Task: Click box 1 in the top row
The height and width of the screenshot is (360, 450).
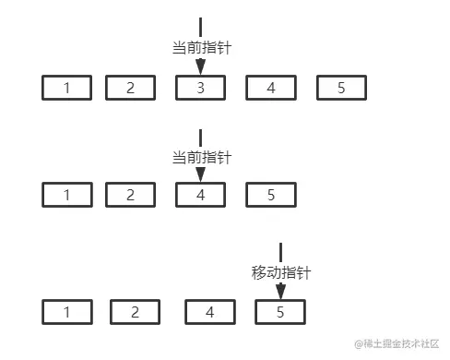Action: click(x=67, y=88)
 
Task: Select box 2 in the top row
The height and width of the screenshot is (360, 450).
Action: click(x=130, y=88)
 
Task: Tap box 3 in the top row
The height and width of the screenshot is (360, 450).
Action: click(x=201, y=88)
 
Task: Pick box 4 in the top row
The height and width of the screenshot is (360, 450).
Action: click(x=270, y=88)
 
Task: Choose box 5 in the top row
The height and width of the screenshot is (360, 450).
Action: click(x=341, y=88)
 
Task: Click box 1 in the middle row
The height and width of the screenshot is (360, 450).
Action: click(x=67, y=195)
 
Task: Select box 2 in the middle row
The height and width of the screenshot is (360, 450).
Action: click(x=130, y=195)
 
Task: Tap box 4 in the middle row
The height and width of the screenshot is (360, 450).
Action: click(x=201, y=195)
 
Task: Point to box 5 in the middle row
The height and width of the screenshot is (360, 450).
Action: click(x=270, y=195)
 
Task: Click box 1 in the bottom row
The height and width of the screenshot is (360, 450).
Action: click(x=67, y=311)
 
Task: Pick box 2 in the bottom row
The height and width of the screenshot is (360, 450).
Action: click(x=135, y=311)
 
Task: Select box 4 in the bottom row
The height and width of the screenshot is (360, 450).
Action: click(x=209, y=311)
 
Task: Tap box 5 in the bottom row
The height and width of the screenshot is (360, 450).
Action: click(x=280, y=311)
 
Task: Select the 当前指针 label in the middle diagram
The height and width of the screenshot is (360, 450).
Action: click(x=201, y=158)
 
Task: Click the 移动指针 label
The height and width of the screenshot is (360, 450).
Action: click(x=280, y=273)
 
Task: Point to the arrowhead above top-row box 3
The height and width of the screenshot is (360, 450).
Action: click(x=201, y=66)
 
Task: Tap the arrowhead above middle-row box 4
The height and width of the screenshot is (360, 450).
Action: click(x=201, y=174)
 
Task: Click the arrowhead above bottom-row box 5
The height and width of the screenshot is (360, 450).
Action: click(x=280, y=290)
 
